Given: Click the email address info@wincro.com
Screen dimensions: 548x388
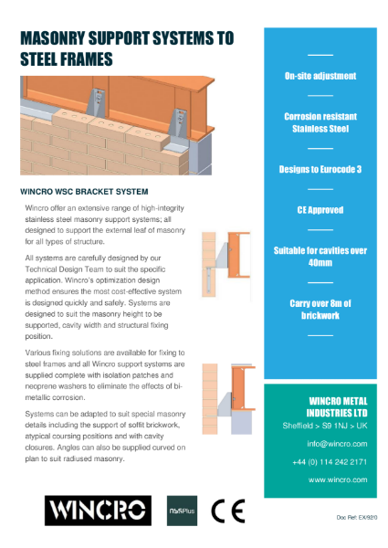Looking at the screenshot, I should (x=337, y=444).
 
